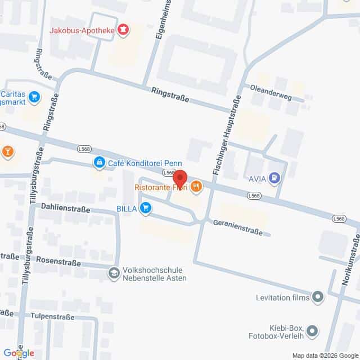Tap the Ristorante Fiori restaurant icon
click(x=196, y=186)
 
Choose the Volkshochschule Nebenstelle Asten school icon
click(x=114, y=273)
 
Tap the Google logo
click(x=17, y=353)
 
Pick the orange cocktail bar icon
click(x=8, y=151)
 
